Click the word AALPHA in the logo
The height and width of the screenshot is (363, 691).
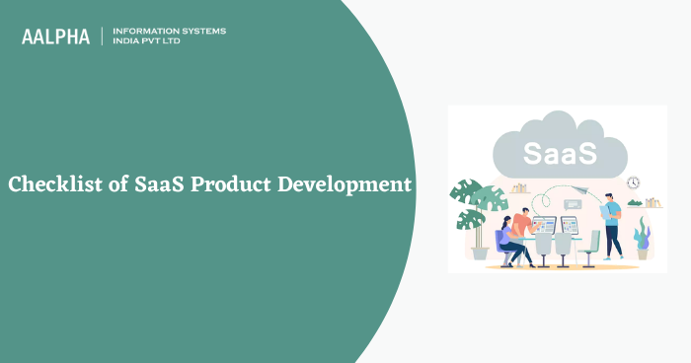coord(55,36)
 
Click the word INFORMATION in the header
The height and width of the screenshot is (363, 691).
coord(148,31)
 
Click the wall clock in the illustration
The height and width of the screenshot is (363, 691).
coord(633,182)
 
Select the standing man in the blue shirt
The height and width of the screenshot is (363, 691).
coord(612,225)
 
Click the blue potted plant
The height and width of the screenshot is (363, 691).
coord(643,237)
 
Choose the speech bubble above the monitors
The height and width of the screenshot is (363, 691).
coord(569,204)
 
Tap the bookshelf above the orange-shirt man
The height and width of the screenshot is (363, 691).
coord(519,188)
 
